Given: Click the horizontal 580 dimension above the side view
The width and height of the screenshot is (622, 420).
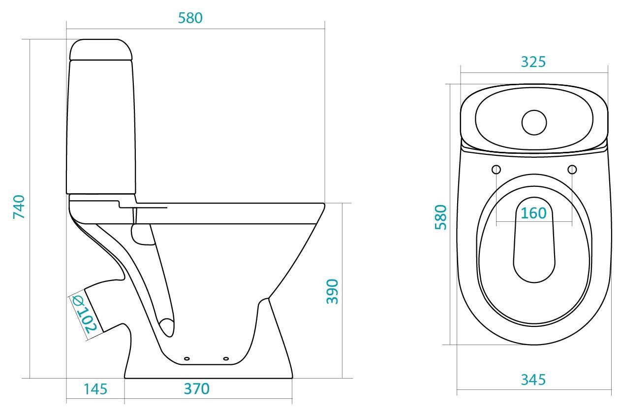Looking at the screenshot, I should tap(190, 18).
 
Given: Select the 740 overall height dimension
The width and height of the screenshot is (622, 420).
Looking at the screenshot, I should tap(19, 207).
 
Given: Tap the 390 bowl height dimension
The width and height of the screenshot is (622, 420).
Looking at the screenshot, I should tap(333, 291).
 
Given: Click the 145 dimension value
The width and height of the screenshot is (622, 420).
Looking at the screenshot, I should tap(95, 389).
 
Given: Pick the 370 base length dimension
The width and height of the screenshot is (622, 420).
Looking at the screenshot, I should tap(197, 389).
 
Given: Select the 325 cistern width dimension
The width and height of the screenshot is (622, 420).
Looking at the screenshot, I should tap(533, 62).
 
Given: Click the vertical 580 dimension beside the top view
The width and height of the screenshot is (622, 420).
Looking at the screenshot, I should tap(441, 217).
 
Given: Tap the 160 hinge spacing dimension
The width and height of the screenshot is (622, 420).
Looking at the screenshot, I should tap(533, 213).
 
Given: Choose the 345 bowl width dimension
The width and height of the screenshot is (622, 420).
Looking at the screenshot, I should tap(533, 380).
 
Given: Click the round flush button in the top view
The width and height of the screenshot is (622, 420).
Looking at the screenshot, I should tap(534, 122).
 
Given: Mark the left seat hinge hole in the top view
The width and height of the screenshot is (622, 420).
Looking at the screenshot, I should tap(496, 170).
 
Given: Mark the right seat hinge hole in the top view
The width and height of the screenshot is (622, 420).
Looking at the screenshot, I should tap(572, 170).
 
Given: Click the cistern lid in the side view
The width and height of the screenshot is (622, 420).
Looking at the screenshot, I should tap(101, 50).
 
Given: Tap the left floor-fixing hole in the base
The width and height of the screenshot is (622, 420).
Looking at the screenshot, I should tap(187, 358).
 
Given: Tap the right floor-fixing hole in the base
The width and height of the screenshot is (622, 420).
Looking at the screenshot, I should tap(226, 358).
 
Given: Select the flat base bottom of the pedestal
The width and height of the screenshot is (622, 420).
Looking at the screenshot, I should tap(208, 377).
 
